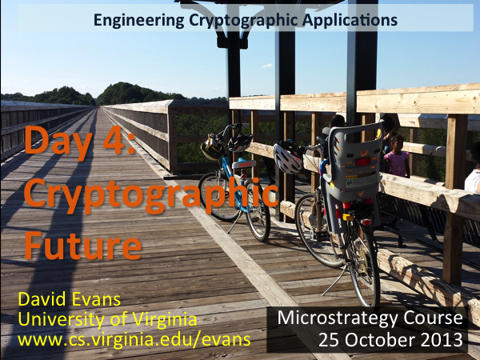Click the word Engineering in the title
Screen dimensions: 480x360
(138, 21)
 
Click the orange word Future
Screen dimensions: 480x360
(83, 246)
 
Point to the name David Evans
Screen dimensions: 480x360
(69, 299)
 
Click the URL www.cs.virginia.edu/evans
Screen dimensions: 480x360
(134, 340)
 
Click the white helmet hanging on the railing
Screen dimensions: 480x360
(287, 158)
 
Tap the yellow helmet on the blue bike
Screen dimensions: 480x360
(212, 148)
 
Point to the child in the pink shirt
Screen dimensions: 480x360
(397, 156)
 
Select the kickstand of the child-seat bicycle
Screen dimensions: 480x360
(334, 280)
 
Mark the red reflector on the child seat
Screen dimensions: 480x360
(362, 162)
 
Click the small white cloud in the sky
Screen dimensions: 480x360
(268, 66)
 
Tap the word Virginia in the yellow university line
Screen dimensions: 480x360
(165, 319)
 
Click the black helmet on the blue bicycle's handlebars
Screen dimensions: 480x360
(240, 142)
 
